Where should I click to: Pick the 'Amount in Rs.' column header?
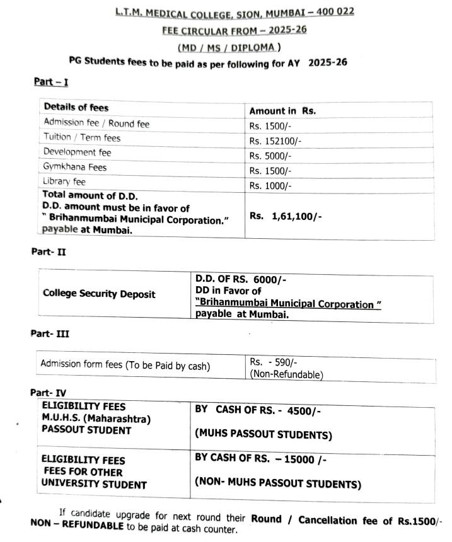pos(282,111)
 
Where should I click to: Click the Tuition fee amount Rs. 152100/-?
pos(275,140)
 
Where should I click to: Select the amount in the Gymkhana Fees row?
pos(270,171)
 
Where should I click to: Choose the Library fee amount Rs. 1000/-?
pos(270,185)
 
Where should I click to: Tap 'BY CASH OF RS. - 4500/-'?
pos(258,410)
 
